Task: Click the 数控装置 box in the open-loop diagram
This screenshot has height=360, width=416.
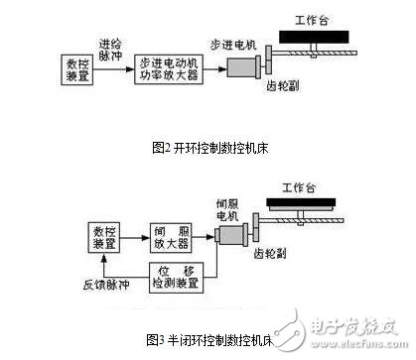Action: click(74, 69)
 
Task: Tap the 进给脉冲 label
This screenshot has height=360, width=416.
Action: click(110, 48)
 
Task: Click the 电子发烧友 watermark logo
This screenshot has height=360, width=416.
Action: click(352, 326)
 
